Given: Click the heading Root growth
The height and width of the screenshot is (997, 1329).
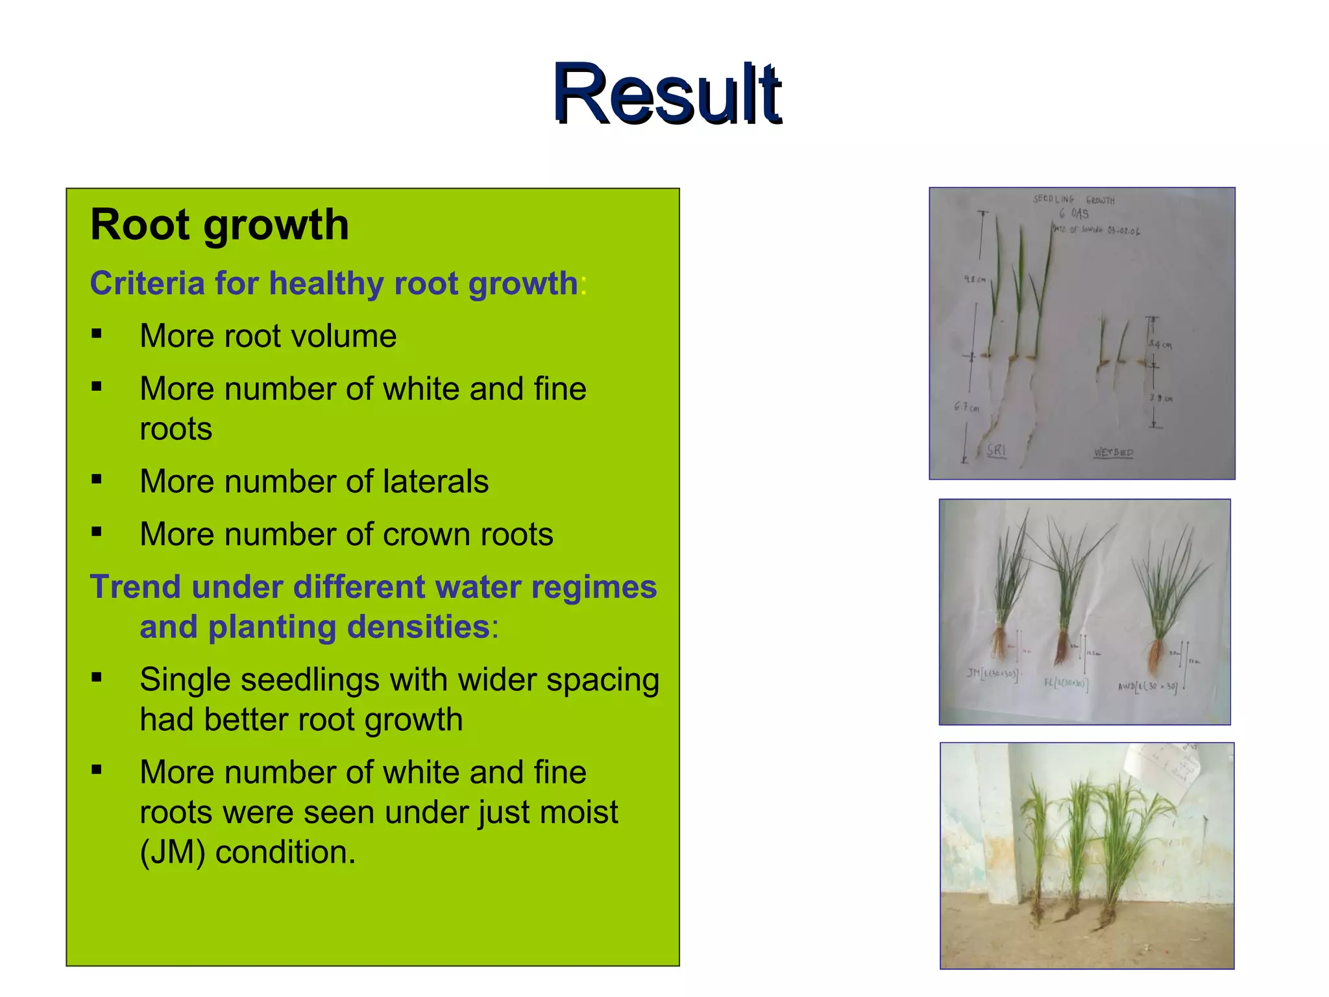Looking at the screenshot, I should [219, 225].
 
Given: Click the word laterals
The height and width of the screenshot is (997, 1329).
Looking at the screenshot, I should [435, 482].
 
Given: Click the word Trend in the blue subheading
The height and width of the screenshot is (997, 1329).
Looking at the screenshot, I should [135, 587].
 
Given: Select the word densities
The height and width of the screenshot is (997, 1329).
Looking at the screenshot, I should [418, 627].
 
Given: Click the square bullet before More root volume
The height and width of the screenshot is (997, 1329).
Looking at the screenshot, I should [97, 334].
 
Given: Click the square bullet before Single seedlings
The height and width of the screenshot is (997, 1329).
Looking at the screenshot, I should [97, 678].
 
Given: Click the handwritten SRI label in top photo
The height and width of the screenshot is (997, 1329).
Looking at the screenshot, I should [996, 450].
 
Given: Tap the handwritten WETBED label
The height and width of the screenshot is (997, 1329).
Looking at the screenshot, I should [1114, 452].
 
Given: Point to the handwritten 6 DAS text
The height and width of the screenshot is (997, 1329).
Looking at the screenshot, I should [1074, 214].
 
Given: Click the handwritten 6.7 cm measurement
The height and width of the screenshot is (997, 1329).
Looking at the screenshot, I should [966, 408].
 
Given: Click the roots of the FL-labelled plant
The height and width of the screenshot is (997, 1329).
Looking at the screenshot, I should [1062, 649].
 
